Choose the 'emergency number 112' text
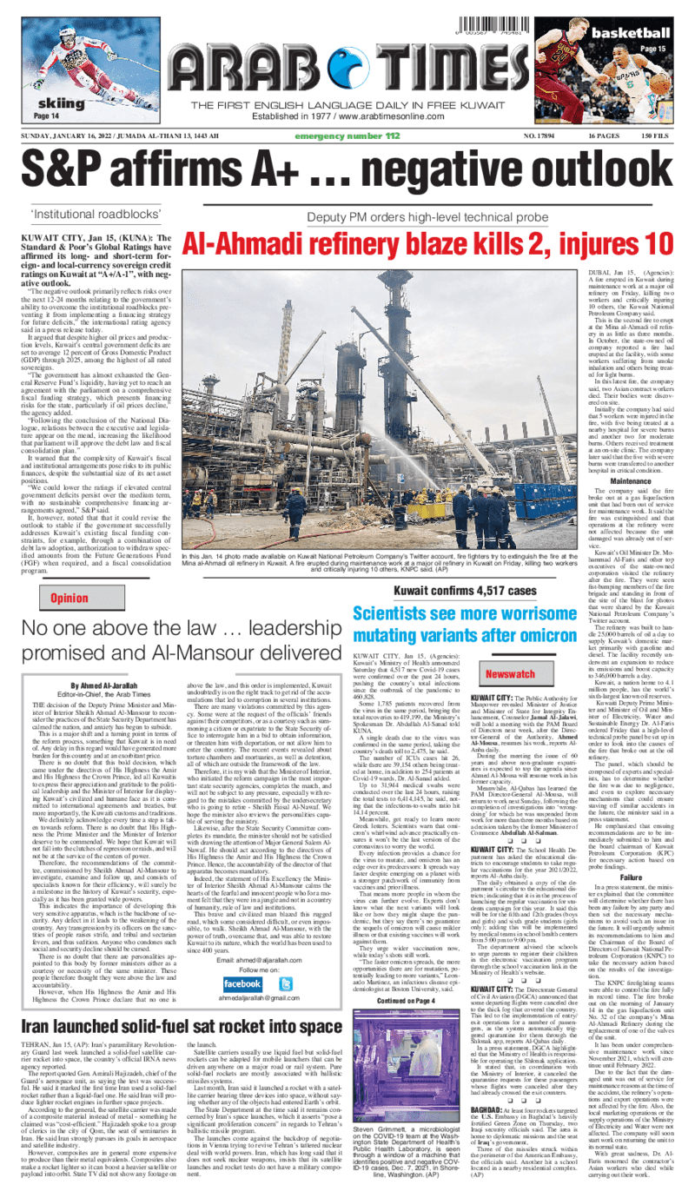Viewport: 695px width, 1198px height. [x=347, y=136]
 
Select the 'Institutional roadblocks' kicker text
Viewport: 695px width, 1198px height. [x=96, y=214]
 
